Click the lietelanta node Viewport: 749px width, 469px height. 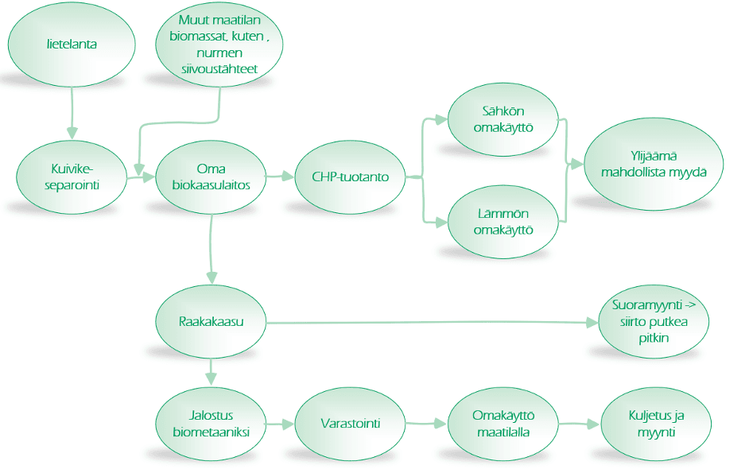point(72,45)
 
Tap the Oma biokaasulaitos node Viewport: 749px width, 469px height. point(211,176)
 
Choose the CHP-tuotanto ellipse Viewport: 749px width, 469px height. point(348,176)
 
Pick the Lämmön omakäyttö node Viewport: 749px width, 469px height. point(503,222)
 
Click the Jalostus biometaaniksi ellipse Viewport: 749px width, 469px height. point(211,424)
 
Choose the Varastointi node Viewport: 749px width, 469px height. point(348,424)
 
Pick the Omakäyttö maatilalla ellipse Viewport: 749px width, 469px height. point(503,424)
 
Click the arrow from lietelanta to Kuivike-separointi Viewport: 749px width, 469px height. point(72,111)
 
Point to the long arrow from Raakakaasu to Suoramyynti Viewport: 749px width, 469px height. point(429,323)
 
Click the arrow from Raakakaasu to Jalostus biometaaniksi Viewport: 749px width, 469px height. point(211,370)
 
